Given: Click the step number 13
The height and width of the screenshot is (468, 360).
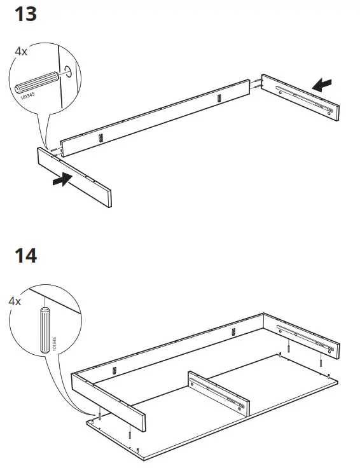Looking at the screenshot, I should point(25,14).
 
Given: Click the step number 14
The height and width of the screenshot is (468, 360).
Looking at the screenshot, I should point(25,256).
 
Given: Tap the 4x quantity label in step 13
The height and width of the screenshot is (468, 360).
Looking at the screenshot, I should point(21,51).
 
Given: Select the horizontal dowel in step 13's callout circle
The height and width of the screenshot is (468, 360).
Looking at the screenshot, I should point(36,83).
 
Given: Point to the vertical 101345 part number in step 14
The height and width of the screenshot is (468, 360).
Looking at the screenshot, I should point(55,344).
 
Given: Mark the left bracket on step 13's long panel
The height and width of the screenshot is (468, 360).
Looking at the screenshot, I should point(99,138).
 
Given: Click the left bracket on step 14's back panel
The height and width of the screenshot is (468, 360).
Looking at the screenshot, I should point(114,370).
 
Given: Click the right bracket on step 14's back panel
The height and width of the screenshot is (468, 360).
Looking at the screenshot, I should point(233,331).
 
